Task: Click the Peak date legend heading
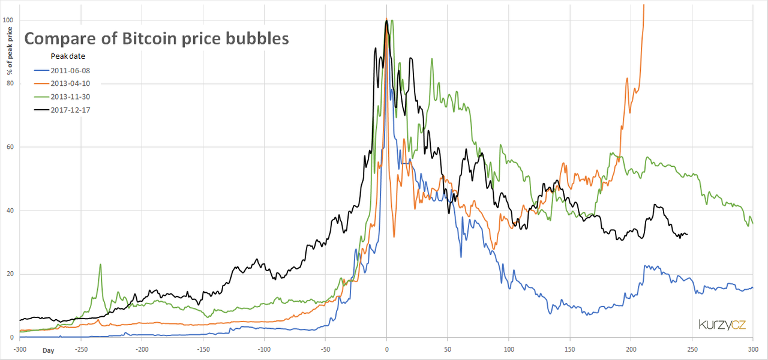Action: [68, 56]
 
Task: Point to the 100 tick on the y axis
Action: [8, 20]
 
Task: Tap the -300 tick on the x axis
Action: [20, 348]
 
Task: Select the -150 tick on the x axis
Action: [204, 348]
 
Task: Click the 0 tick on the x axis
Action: [387, 348]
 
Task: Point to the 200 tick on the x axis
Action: [631, 348]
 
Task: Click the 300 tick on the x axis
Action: [753, 348]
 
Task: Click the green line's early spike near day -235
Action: [100, 265]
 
